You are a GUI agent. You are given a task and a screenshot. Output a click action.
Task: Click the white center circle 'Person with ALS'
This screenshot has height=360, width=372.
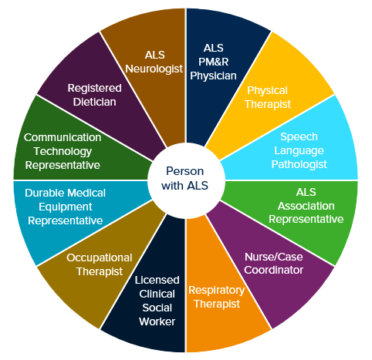click(186, 180)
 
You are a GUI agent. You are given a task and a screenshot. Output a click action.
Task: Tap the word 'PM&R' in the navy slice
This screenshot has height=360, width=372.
click(213, 62)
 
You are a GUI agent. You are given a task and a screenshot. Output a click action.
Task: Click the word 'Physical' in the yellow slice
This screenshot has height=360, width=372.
click(267, 91)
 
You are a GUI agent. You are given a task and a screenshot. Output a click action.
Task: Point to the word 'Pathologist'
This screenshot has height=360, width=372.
click(299, 164)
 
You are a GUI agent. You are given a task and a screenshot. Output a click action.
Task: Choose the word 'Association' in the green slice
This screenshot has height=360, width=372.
click(306, 206)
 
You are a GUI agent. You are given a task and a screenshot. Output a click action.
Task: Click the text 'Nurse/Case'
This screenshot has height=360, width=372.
click(273, 257)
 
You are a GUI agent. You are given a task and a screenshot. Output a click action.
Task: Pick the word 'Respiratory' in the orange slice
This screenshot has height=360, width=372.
click(217, 291)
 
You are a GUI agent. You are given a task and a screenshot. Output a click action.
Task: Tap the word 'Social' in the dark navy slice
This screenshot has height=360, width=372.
click(157, 308)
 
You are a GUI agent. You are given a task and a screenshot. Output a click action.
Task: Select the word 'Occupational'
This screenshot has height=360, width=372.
click(100, 258)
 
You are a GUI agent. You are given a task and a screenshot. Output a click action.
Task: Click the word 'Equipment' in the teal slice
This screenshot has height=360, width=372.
click(66, 207)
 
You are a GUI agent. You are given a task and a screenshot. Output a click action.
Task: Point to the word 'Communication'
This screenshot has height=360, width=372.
click(63, 137)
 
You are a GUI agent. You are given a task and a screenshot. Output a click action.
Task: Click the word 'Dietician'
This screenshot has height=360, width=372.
click(94, 102)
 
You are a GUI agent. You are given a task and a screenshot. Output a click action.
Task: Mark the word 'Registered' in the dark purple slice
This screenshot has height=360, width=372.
click(94, 89)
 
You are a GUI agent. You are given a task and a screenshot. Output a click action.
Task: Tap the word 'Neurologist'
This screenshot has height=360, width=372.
click(154, 69)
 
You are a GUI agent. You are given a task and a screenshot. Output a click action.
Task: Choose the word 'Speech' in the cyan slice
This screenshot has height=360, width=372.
click(299, 137)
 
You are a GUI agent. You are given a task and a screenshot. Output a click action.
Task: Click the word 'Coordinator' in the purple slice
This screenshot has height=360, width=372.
click(273, 270)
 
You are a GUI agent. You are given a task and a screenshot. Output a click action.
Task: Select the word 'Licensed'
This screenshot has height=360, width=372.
click(157, 280)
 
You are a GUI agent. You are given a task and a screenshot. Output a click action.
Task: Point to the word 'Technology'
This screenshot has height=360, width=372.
click(63, 151)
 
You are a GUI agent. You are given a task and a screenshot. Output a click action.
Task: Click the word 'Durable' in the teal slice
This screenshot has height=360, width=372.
click(43, 193)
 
